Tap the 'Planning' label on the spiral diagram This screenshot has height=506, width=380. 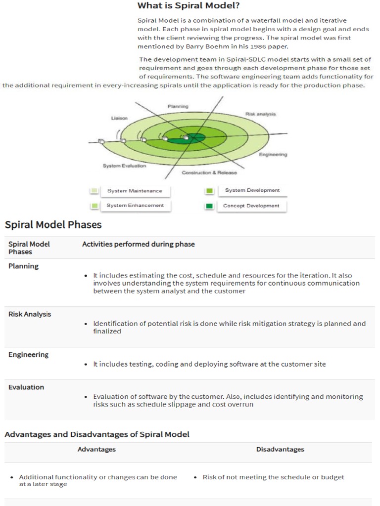click(178, 106)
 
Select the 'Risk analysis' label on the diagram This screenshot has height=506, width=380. click(260, 114)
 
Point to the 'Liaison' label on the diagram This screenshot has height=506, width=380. click(119, 118)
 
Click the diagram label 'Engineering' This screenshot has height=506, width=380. click(273, 155)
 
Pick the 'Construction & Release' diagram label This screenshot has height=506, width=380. click(209, 172)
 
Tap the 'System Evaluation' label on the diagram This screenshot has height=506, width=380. click(124, 166)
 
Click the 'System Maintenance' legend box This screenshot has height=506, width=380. click(135, 191)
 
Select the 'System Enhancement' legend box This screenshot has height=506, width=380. click(135, 206)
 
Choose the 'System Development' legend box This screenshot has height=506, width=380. click(252, 190)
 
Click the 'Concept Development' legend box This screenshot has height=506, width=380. click(251, 206)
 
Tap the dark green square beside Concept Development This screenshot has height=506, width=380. click(209, 206)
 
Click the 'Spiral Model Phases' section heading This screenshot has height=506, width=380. click(53, 225)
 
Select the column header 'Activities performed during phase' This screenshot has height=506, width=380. click(138, 244)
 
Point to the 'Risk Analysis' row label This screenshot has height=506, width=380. click(30, 314)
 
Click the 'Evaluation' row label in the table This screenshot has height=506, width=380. click(26, 387)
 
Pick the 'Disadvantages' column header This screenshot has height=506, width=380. click(280, 449)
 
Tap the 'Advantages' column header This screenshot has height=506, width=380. click(96, 449)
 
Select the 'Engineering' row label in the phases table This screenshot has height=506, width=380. click(29, 355)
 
